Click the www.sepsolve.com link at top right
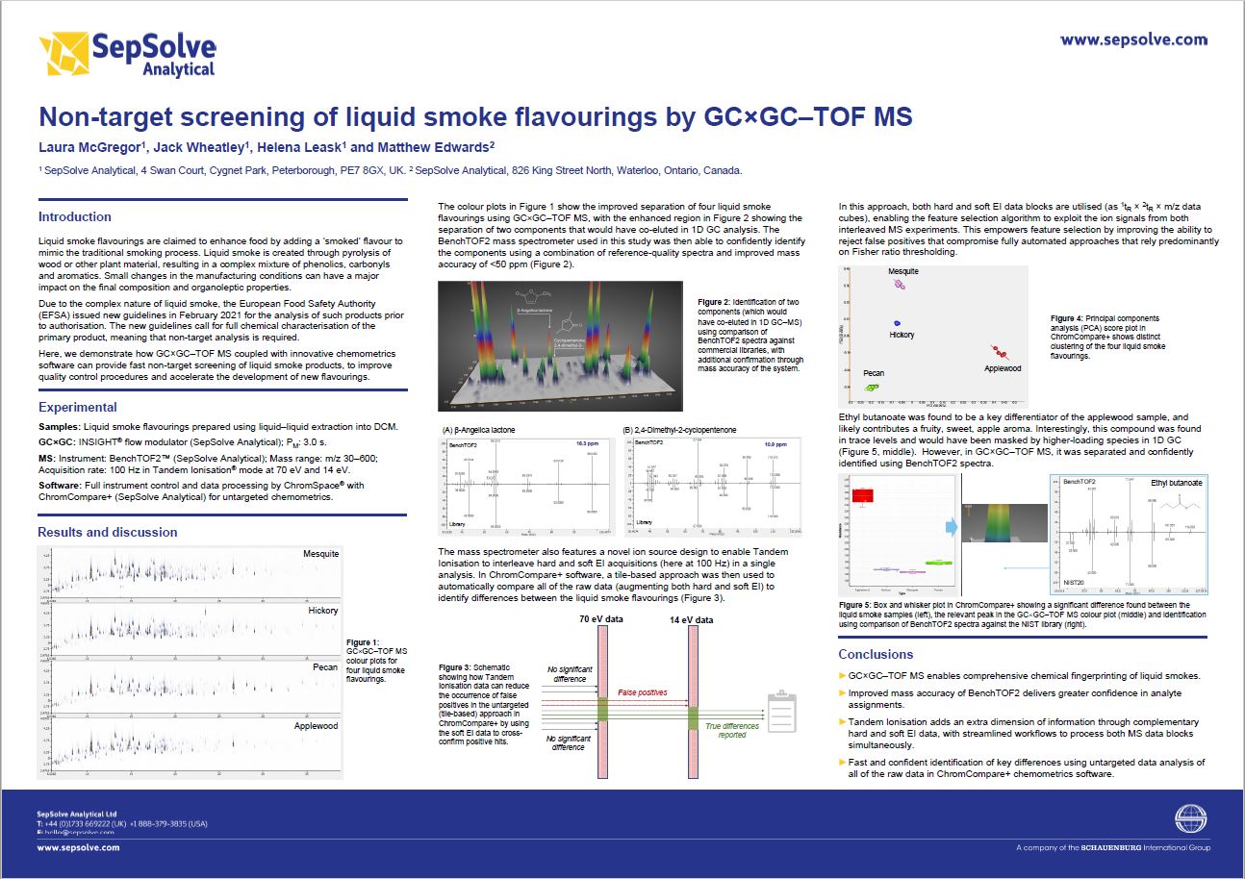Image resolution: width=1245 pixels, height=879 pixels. [1133, 40]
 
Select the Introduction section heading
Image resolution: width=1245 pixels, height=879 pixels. [75, 216]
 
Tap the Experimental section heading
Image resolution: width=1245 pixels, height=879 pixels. [78, 407]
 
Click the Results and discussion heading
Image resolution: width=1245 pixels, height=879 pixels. [108, 532]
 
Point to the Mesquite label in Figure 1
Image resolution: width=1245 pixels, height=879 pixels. [320, 554]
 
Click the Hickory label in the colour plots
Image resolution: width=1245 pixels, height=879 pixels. [323, 611]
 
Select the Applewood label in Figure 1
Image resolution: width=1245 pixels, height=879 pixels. [317, 726]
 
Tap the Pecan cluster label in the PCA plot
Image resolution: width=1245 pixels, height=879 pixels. [873, 373]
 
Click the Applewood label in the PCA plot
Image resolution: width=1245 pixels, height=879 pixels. [1003, 368]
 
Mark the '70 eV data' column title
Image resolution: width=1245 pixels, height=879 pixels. [601, 619]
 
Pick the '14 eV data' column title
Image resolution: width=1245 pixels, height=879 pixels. [691, 620]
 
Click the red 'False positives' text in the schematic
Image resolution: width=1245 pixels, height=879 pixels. [642, 692]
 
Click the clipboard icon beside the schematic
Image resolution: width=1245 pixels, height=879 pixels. [781, 713]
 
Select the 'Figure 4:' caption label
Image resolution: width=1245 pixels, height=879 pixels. [1066, 318]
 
